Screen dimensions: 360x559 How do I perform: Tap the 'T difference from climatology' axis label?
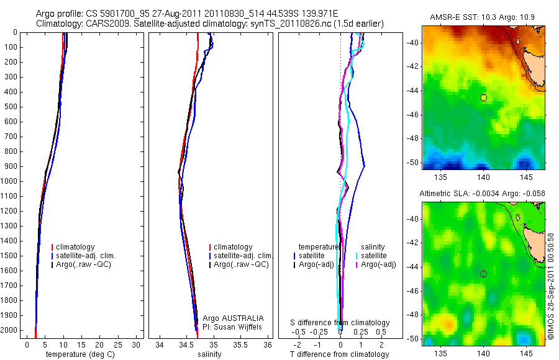[x=339, y=354]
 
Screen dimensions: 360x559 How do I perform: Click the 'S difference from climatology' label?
[x=340, y=323]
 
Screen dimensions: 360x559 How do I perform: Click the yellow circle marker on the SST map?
[x=483, y=97]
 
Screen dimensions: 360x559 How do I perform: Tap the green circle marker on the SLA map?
[x=483, y=274]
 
